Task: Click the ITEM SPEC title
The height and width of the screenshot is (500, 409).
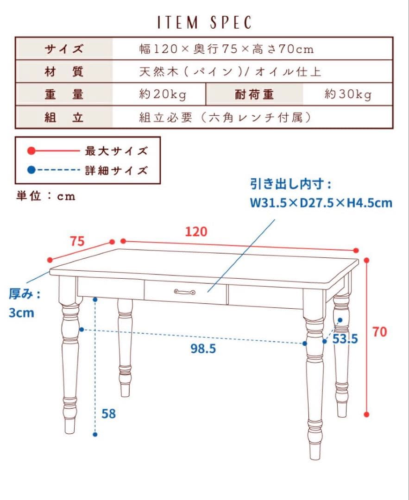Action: [204, 23]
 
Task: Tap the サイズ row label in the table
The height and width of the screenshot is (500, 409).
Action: [64, 49]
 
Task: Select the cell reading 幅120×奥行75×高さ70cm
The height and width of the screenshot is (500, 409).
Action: [227, 49]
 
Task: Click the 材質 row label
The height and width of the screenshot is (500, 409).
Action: [64, 72]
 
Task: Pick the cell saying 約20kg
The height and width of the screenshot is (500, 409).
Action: [163, 94]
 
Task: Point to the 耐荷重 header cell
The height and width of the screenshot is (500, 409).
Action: [254, 94]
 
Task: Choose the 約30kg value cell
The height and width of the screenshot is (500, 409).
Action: [348, 94]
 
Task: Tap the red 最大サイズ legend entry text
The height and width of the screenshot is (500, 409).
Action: [116, 151]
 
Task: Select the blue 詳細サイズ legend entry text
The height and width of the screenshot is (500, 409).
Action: [116, 170]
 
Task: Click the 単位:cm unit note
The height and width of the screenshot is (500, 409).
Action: [46, 196]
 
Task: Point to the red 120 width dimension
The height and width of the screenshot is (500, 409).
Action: [196, 231]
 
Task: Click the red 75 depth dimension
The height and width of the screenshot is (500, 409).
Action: [77, 241]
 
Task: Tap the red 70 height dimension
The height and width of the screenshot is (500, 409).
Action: [379, 331]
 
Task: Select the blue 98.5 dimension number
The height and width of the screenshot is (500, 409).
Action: [203, 349]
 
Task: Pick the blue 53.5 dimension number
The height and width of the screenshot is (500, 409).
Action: [346, 339]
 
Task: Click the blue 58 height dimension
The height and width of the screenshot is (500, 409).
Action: [108, 413]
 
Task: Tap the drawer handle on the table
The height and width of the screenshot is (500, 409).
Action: [184, 292]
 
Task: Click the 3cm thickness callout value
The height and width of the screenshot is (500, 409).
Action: [21, 312]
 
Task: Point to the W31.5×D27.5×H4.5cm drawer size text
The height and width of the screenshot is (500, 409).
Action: [321, 203]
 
